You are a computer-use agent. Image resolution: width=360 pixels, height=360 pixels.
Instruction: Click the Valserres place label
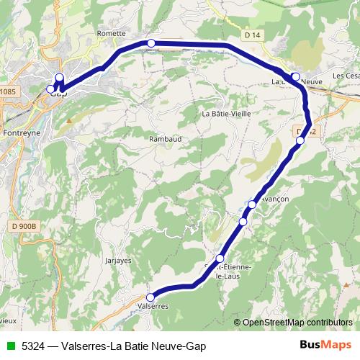click(x=153, y=306)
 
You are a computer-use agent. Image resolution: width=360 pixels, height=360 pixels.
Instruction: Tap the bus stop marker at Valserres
click(x=150, y=297)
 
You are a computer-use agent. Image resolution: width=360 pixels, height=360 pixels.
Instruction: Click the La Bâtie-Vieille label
click(x=226, y=114)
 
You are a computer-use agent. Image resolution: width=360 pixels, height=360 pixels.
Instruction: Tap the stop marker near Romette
click(x=151, y=44)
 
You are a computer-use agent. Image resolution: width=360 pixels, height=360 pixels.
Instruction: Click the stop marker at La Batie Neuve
click(x=295, y=76)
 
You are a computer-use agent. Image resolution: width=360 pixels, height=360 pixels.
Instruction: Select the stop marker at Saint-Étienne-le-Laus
click(x=220, y=258)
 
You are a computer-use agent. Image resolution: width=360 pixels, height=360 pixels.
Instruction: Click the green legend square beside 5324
click(x=9, y=346)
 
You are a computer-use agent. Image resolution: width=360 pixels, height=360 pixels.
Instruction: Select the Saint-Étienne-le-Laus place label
click(x=229, y=274)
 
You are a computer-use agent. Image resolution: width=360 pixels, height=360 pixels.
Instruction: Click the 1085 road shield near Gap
click(x=7, y=91)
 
